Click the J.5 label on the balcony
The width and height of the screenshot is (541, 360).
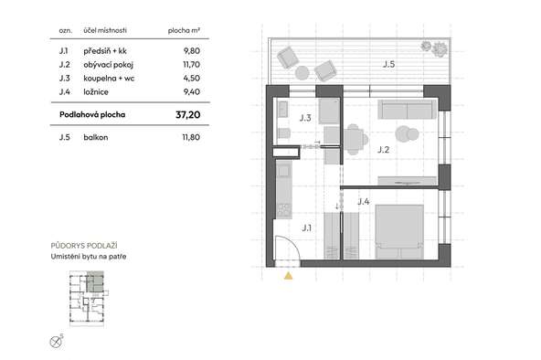pyautogui.click(x=389, y=64)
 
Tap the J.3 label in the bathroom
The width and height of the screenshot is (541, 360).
pyautogui.click(x=305, y=118)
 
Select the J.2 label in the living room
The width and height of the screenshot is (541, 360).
pyautogui.click(x=383, y=150)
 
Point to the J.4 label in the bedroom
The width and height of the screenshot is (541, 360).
pyautogui.click(x=364, y=201)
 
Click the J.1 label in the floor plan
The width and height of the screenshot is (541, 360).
pyautogui.click(x=307, y=228)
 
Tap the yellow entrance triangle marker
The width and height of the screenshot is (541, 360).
pyautogui.click(x=289, y=276)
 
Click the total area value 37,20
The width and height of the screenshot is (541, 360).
pyautogui.click(x=188, y=115)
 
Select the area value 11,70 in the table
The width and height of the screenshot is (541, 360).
pyautogui.click(x=192, y=65)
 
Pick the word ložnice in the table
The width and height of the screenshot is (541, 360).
pyautogui.click(x=96, y=91)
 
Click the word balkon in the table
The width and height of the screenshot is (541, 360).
pyautogui.click(x=96, y=137)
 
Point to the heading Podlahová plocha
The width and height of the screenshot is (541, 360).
pyautogui.click(x=92, y=114)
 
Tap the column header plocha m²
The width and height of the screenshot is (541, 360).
pyautogui.click(x=184, y=31)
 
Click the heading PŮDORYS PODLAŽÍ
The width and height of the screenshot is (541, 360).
pyautogui.click(x=84, y=246)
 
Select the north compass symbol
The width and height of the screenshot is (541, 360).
pyautogui.click(x=56, y=342)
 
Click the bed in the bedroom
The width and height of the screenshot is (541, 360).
pyautogui.click(x=399, y=232)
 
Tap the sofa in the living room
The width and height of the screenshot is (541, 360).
pyautogui.click(x=408, y=110)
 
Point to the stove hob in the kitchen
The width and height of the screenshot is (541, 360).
pyautogui.click(x=284, y=210)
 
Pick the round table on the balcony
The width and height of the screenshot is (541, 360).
pyautogui.click(x=302, y=73)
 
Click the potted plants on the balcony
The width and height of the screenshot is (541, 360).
pyautogui.click(x=434, y=48)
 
